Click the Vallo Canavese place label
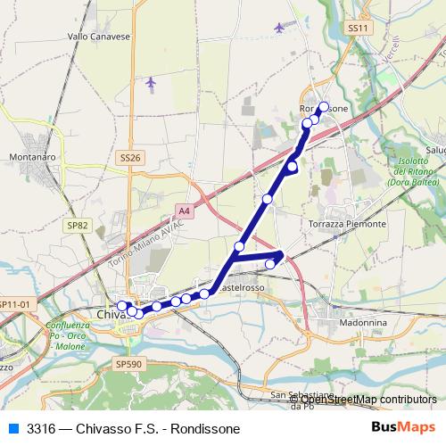click(99, 37)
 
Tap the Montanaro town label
click(33, 156)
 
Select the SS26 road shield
click(130, 158)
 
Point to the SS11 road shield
click(358, 29)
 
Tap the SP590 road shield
click(129, 364)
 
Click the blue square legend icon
click(12, 428)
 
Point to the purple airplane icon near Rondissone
click(280, 28)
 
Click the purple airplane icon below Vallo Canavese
click(150, 83)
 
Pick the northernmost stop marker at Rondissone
click(323, 107)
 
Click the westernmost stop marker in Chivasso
click(122, 306)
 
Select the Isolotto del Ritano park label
click(409, 170)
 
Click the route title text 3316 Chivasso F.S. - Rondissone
click(134, 429)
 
